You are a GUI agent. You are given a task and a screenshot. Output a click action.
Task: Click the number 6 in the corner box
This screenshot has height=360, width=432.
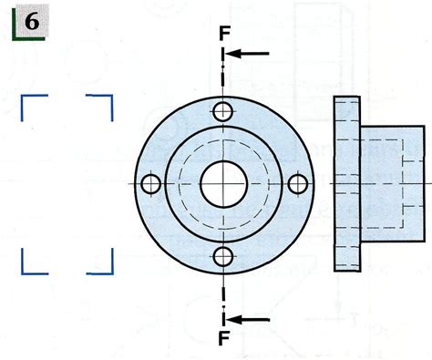tap(30, 22)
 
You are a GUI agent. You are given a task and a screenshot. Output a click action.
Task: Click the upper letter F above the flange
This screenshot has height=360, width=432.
tap(223, 34)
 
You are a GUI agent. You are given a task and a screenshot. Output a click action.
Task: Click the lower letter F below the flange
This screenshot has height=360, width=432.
tap(223, 339)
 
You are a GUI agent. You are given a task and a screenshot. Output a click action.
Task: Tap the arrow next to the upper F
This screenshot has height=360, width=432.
tap(248, 53)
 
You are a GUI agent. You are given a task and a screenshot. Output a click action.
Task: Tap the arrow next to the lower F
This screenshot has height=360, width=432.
tap(248, 319)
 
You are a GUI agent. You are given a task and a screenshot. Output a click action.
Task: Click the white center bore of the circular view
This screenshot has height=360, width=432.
tap(223, 183)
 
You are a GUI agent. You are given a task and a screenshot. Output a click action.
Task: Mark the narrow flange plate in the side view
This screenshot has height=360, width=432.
tap(345, 146)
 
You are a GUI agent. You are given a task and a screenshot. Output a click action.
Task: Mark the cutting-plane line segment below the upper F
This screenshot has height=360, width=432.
tap(223, 68)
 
